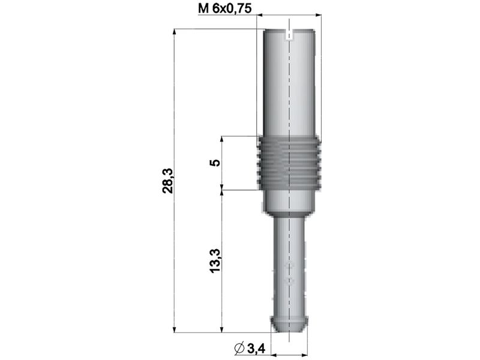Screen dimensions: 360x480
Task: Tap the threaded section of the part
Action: point(290,163)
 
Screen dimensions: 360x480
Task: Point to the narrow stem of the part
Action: point(290,264)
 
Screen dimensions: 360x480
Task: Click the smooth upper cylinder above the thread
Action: point(290,84)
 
